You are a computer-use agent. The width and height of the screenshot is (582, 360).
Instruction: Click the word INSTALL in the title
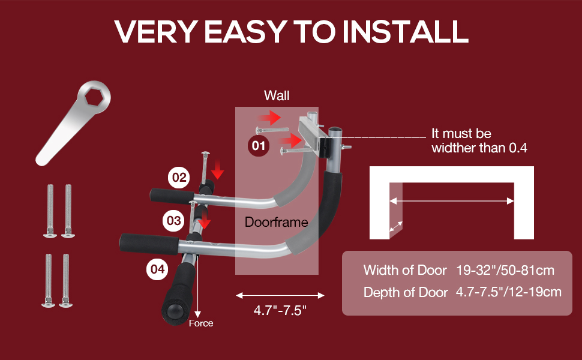[405, 31]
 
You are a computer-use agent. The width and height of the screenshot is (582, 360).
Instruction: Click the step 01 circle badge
[258, 145]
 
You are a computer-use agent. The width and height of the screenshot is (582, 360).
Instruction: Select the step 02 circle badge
[179, 178]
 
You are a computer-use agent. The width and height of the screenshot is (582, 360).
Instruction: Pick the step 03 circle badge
[173, 221]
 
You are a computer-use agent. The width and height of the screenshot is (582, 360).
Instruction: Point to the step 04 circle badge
[157, 269]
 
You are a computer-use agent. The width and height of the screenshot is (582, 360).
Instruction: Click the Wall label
[277, 96]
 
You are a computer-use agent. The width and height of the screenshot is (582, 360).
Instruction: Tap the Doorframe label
[276, 223]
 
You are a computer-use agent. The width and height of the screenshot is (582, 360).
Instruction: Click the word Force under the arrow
[201, 323]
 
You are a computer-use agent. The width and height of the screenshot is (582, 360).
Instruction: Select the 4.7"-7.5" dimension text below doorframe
[280, 312]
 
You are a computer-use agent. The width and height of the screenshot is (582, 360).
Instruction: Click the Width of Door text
[405, 270]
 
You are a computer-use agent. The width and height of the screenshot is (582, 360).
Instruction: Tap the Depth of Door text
[406, 292]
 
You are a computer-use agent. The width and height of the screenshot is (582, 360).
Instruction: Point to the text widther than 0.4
[479, 148]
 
